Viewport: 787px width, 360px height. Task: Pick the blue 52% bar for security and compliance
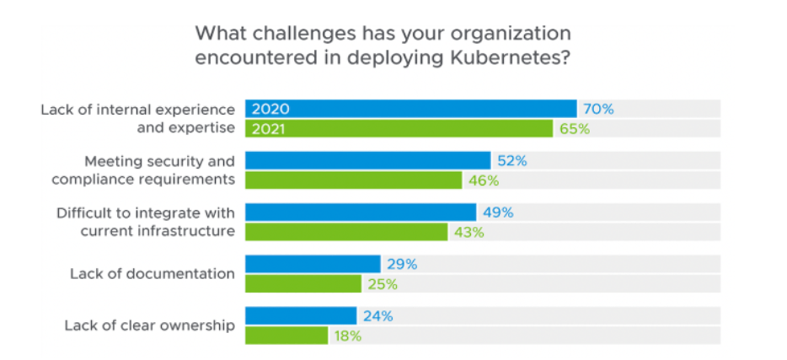click(x=367, y=160)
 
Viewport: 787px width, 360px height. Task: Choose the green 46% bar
click(x=354, y=180)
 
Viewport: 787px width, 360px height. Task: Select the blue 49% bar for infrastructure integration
click(x=361, y=212)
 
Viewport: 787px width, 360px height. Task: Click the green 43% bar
click(x=346, y=232)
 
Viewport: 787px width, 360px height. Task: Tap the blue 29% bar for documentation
click(x=313, y=264)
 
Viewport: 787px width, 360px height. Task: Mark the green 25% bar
click(x=303, y=284)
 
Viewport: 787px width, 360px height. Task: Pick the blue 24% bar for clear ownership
click(x=301, y=315)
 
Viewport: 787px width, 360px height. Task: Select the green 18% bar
click(x=286, y=336)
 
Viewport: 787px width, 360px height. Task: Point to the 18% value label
click(x=348, y=336)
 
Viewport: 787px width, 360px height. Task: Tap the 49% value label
click(x=497, y=212)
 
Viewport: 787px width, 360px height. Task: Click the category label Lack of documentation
click(x=152, y=273)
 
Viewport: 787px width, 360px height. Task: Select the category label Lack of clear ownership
click(x=149, y=325)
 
